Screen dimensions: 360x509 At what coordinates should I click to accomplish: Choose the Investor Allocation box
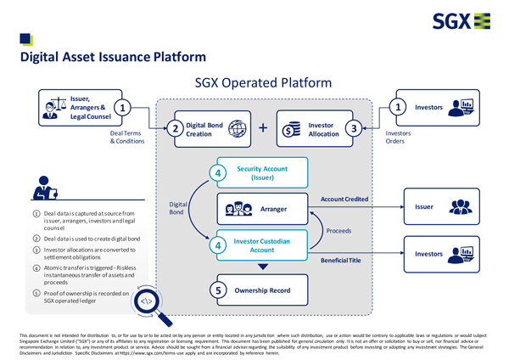point(321,129)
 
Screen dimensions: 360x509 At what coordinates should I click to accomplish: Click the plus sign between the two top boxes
point(263,129)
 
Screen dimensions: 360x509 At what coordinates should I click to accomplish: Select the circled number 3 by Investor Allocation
point(355,129)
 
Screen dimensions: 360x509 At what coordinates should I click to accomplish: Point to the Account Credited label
point(344,199)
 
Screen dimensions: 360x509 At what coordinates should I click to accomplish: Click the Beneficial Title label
point(342,260)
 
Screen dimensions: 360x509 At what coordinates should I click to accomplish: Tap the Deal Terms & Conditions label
point(127,138)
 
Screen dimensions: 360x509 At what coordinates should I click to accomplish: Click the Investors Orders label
point(399,138)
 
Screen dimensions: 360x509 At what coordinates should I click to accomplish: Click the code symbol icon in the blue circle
point(146,300)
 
